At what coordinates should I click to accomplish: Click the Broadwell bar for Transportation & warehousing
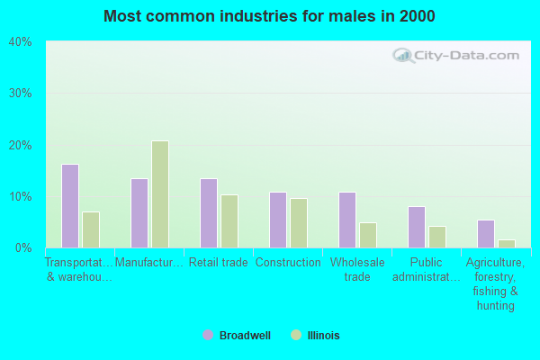tap(70, 206)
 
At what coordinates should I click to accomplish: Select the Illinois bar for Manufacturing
tap(160, 194)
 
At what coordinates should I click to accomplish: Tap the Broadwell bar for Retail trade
tap(209, 213)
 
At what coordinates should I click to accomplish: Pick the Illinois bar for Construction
tap(299, 223)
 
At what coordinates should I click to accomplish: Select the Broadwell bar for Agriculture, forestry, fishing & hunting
tap(486, 234)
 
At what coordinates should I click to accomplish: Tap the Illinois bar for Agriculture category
tap(507, 244)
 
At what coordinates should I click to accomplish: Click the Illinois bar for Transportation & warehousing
tap(91, 229)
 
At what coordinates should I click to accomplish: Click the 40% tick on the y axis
tap(20, 41)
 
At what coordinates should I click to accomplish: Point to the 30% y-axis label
tap(20, 94)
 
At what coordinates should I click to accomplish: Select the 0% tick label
tap(22, 247)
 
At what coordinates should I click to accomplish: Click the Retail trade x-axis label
tap(219, 263)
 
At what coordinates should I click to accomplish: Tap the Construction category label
tap(288, 263)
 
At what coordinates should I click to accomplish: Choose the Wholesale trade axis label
tap(357, 269)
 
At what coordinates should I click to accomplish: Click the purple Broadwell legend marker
tap(209, 335)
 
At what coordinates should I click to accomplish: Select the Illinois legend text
tap(323, 336)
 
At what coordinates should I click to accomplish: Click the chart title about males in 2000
tap(269, 16)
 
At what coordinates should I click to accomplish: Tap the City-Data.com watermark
tap(458, 56)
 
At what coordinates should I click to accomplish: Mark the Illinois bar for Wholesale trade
tap(368, 235)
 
